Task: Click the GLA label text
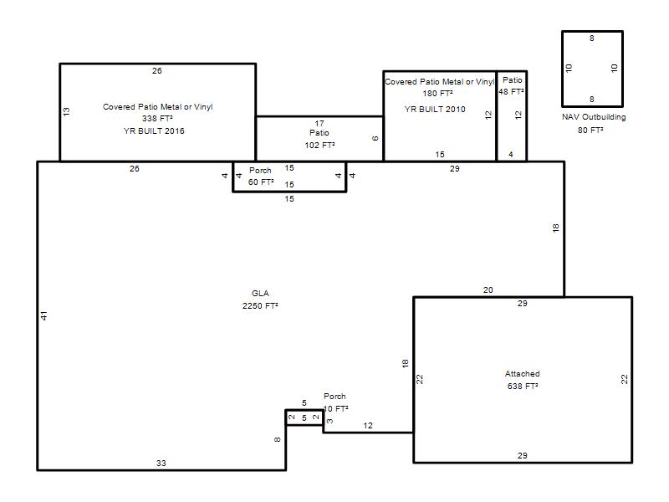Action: coord(260,294)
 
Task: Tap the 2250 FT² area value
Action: coord(260,305)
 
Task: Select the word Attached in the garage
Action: coord(522,373)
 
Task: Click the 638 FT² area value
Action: coord(522,386)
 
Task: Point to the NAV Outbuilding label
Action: coord(594,117)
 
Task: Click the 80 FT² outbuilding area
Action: coord(590,130)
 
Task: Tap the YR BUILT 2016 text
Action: coord(154,131)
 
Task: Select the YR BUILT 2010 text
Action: coord(435,110)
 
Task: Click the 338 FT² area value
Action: coord(157,118)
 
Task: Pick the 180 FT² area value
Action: coord(437,93)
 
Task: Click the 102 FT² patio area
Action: coord(319,145)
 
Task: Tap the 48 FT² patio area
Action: coord(511,92)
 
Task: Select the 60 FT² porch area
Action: coord(261,182)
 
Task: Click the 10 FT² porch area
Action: coord(336,408)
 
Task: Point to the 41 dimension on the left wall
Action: coord(44,316)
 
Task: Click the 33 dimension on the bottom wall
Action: coord(161,464)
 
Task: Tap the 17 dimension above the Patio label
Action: coord(319,123)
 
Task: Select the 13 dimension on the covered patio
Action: coord(66,111)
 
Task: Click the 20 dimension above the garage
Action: coord(488,289)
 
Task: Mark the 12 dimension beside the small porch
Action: coord(368,426)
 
